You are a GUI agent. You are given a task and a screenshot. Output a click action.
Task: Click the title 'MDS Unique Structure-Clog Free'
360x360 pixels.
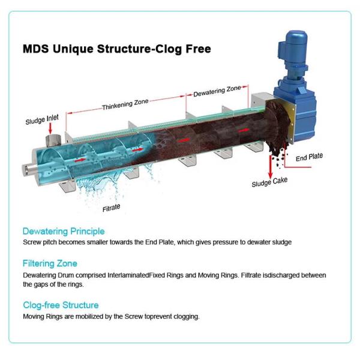(116, 49)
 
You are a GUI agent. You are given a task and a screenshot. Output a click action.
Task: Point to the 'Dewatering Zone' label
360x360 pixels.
(217, 92)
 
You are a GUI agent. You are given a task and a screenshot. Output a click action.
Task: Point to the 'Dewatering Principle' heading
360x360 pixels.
(64, 231)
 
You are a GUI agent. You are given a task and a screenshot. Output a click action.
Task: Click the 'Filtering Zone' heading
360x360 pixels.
(50, 263)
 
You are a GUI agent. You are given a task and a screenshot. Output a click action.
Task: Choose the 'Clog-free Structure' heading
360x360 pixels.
(61, 305)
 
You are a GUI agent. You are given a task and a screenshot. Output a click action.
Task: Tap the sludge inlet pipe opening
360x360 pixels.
(53, 140)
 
